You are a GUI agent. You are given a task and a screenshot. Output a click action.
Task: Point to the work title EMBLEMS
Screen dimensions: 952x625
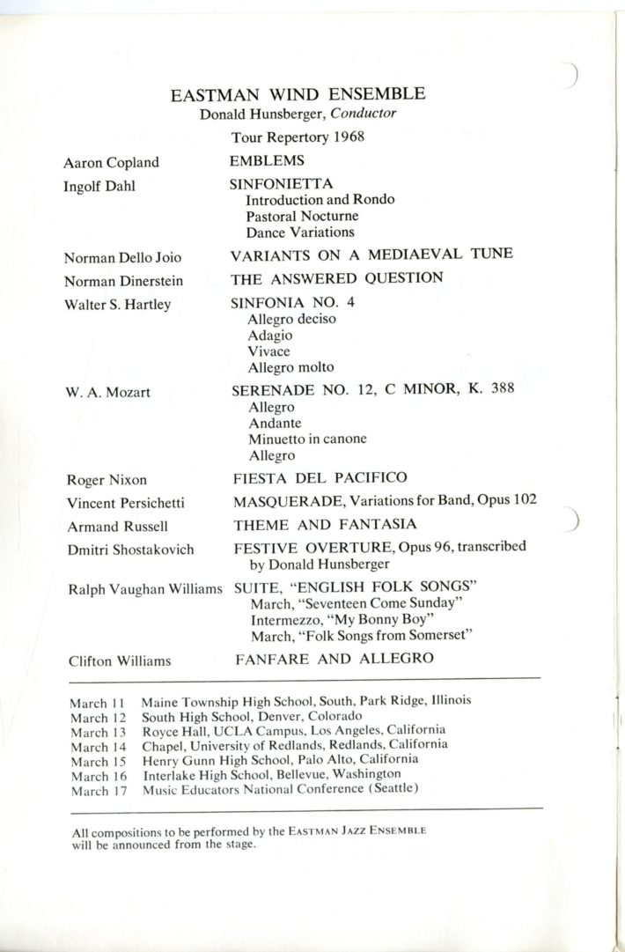coord(267,160)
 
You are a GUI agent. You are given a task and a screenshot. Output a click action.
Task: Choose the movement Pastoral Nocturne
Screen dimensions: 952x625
coord(302,216)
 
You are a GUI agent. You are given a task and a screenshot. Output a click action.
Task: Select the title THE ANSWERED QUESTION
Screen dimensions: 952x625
coord(336,278)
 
